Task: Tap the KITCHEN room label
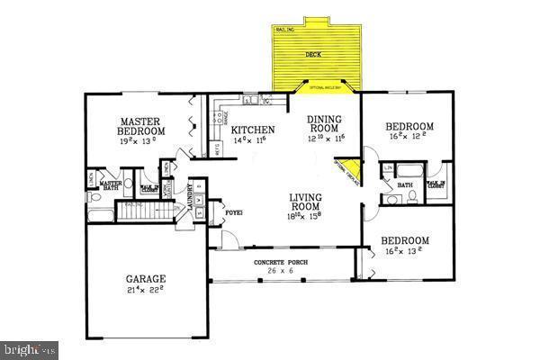pos(254,130)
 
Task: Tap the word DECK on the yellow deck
pos(313,55)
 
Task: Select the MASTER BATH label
pos(110,185)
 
